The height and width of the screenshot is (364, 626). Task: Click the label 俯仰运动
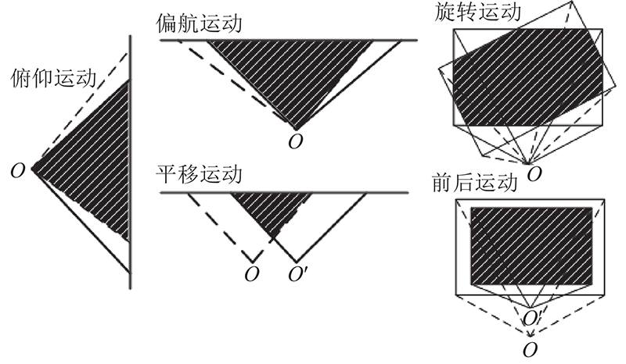(x=54, y=78)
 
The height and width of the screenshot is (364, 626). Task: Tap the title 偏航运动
(x=200, y=23)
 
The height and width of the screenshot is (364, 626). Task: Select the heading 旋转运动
(x=478, y=11)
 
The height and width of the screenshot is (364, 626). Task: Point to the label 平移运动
(x=200, y=174)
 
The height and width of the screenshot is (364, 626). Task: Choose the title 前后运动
(x=475, y=184)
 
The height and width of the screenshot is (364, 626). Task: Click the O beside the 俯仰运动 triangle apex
(x=17, y=170)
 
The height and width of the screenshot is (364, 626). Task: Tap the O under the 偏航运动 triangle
(x=296, y=141)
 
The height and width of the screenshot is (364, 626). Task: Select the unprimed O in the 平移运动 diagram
(x=252, y=274)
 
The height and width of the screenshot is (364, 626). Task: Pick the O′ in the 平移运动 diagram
(x=299, y=274)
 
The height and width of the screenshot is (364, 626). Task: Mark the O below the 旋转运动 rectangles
(x=534, y=174)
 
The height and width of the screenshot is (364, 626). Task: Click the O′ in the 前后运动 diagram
(x=533, y=318)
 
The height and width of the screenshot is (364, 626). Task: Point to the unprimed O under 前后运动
(x=530, y=351)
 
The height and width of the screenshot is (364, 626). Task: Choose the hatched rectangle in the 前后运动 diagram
(x=531, y=246)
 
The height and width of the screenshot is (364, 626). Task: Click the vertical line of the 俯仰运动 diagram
(x=130, y=162)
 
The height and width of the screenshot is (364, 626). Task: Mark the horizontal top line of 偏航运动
(x=289, y=41)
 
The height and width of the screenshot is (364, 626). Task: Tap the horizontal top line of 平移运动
(x=284, y=193)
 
